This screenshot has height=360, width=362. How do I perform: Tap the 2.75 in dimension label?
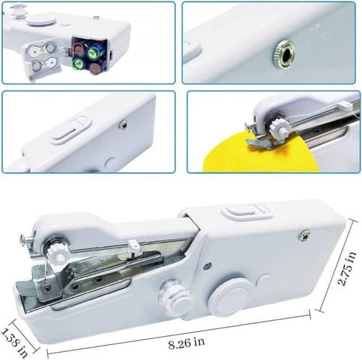tap(348, 269)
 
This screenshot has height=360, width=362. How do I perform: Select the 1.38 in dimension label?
tap(14, 343)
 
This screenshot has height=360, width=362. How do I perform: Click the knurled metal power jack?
tap(284, 54)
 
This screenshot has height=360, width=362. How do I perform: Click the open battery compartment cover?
tap(42, 59)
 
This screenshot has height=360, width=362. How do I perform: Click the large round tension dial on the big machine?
tap(231, 298)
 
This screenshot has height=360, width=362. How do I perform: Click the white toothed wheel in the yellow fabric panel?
tap(277, 127)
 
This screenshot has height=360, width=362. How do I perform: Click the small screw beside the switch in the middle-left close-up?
tap(124, 125)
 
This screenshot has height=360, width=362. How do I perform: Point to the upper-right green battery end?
tap(93, 51)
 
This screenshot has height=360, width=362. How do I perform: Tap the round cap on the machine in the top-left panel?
tap(41, 19)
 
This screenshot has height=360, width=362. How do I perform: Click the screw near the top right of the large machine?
tap(304, 235)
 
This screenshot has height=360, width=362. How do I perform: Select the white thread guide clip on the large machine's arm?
tap(132, 244)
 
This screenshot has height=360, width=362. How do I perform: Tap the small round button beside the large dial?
tap(264, 281)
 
